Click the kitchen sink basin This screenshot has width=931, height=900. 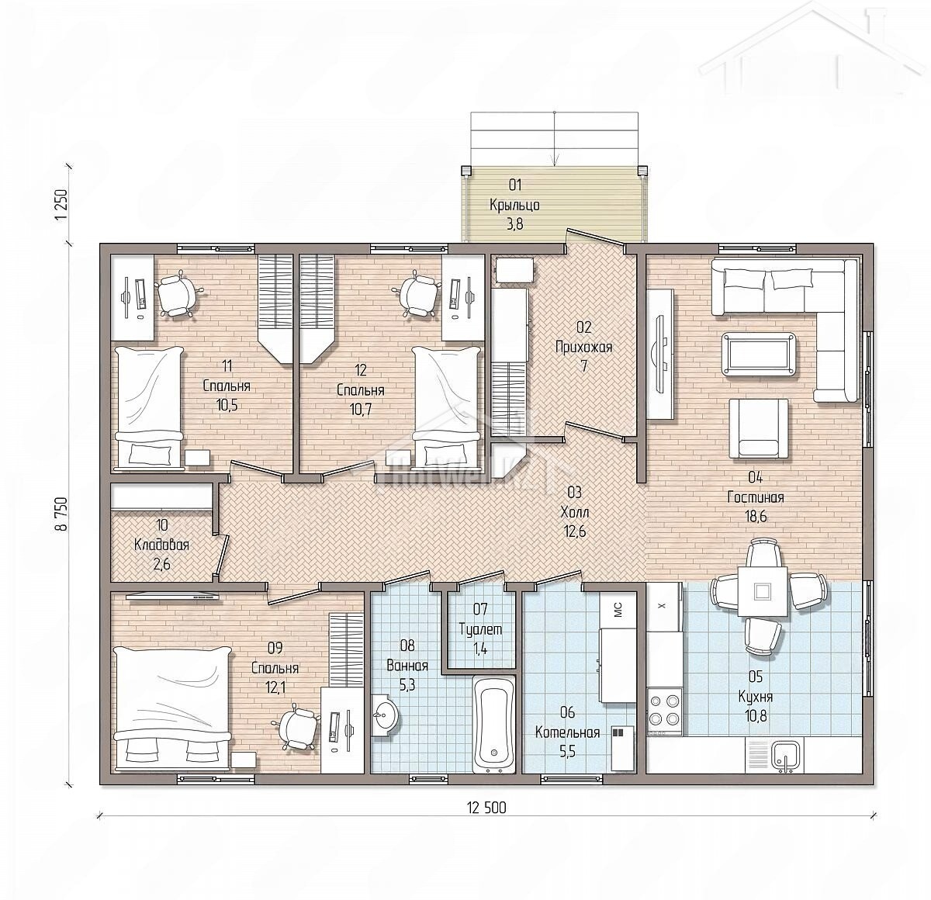785,755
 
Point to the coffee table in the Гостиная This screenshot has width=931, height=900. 760,353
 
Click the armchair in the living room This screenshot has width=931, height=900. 758,428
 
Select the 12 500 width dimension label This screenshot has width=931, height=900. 486,808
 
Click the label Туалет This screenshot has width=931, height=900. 480,629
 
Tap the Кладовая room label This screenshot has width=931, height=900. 161,545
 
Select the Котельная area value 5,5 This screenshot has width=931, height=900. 567,751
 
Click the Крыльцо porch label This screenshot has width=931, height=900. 515,206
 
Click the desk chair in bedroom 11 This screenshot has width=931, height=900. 177,294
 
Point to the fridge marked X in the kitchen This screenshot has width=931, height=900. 663,606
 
